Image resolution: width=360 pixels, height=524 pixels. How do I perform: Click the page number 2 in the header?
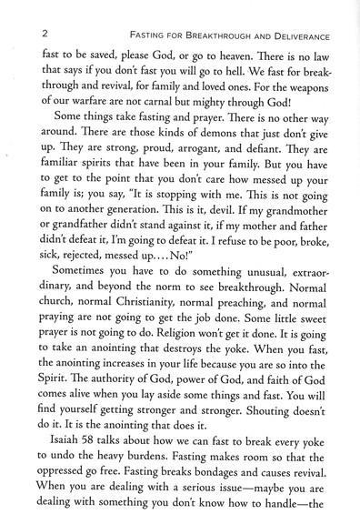coord(34,32)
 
